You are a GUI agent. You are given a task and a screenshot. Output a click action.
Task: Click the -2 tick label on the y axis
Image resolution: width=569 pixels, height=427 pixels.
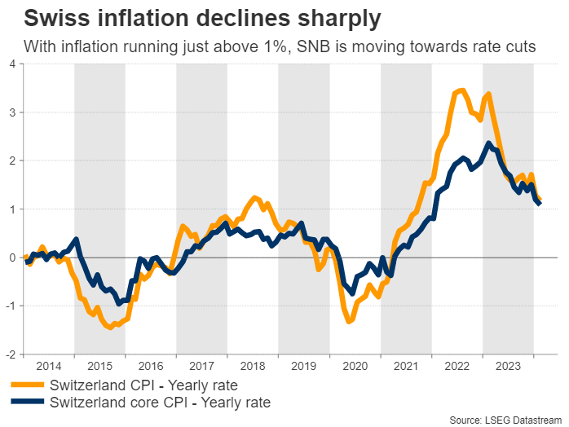11,355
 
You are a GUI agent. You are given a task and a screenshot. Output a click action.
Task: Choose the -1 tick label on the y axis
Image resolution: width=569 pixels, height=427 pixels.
11,306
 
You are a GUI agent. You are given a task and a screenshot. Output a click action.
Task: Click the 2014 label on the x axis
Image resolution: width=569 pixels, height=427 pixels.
49,367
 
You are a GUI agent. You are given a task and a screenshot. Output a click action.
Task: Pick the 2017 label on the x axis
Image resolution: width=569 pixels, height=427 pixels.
202,367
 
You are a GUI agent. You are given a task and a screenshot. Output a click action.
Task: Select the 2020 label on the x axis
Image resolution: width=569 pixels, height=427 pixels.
355,367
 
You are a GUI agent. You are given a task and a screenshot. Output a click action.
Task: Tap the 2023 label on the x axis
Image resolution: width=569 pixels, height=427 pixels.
508,367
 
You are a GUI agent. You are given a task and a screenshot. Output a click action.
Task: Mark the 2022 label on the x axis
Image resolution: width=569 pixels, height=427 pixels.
457,367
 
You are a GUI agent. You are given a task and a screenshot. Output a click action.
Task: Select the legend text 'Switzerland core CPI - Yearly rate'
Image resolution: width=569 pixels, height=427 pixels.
160,402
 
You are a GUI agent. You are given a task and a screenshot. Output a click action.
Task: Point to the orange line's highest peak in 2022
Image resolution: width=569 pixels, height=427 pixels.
462,90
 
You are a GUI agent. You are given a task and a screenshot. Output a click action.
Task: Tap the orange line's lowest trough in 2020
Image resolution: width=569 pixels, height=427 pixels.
350,321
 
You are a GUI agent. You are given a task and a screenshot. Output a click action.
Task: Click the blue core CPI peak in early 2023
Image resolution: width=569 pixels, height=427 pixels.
488,144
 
